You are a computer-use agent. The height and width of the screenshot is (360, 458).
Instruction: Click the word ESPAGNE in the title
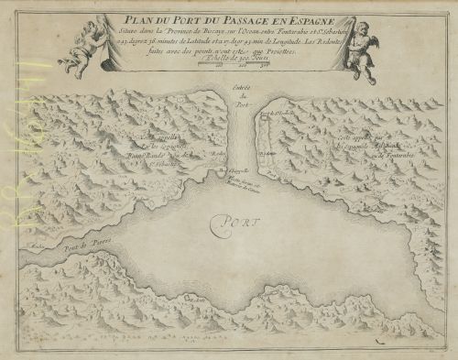tap(304, 18)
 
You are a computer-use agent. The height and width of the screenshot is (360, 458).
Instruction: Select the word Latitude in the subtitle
tap(191, 40)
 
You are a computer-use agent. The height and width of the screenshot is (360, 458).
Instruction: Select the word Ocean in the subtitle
tap(251, 30)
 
